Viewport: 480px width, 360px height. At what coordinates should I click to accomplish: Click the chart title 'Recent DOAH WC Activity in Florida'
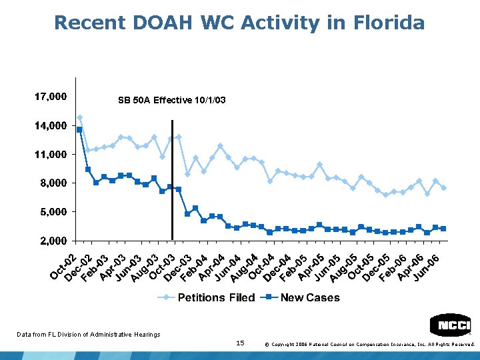point(239,23)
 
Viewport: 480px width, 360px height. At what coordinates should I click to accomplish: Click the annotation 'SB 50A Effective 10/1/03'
point(171,101)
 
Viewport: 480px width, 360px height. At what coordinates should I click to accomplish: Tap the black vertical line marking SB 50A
point(172,180)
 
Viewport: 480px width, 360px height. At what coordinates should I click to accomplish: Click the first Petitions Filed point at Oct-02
point(80,118)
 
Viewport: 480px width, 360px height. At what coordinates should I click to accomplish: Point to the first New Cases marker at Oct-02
point(79,129)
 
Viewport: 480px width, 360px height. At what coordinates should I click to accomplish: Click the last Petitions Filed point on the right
point(443,188)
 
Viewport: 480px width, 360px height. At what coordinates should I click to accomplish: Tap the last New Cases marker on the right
point(443,229)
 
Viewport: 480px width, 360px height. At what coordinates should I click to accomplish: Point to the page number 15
point(241,343)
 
